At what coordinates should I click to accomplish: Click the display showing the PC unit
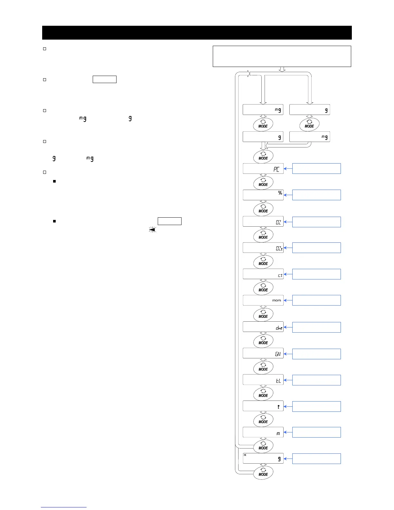click(x=263, y=169)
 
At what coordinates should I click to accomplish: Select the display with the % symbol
click(x=263, y=195)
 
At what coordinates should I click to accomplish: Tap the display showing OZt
click(x=263, y=248)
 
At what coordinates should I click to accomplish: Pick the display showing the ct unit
click(x=263, y=274)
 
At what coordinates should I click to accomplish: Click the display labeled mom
click(x=263, y=300)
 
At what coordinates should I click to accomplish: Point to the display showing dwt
click(x=263, y=327)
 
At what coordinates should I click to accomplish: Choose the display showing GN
click(x=263, y=354)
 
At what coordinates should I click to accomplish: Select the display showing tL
click(x=263, y=380)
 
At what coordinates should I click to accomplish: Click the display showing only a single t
click(x=263, y=406)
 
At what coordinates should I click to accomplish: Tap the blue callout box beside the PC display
click(x=316, y=168)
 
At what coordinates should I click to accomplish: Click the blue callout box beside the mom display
click(x=316, y=300)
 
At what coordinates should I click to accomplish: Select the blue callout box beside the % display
click(x=316, y=195)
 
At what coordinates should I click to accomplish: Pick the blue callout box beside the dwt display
click(x=316, y=327)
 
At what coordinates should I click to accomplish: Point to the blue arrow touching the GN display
click(x=288, y=354)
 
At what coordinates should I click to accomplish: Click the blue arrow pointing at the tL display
click(x=288, y=380)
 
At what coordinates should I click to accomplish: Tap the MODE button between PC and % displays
click(x=263, y=183)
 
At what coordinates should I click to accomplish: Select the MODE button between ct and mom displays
click(x=263, y=288)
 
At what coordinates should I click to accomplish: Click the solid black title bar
click(x=197, y=33)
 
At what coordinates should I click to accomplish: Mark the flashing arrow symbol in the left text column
click(x=152, y=229)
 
